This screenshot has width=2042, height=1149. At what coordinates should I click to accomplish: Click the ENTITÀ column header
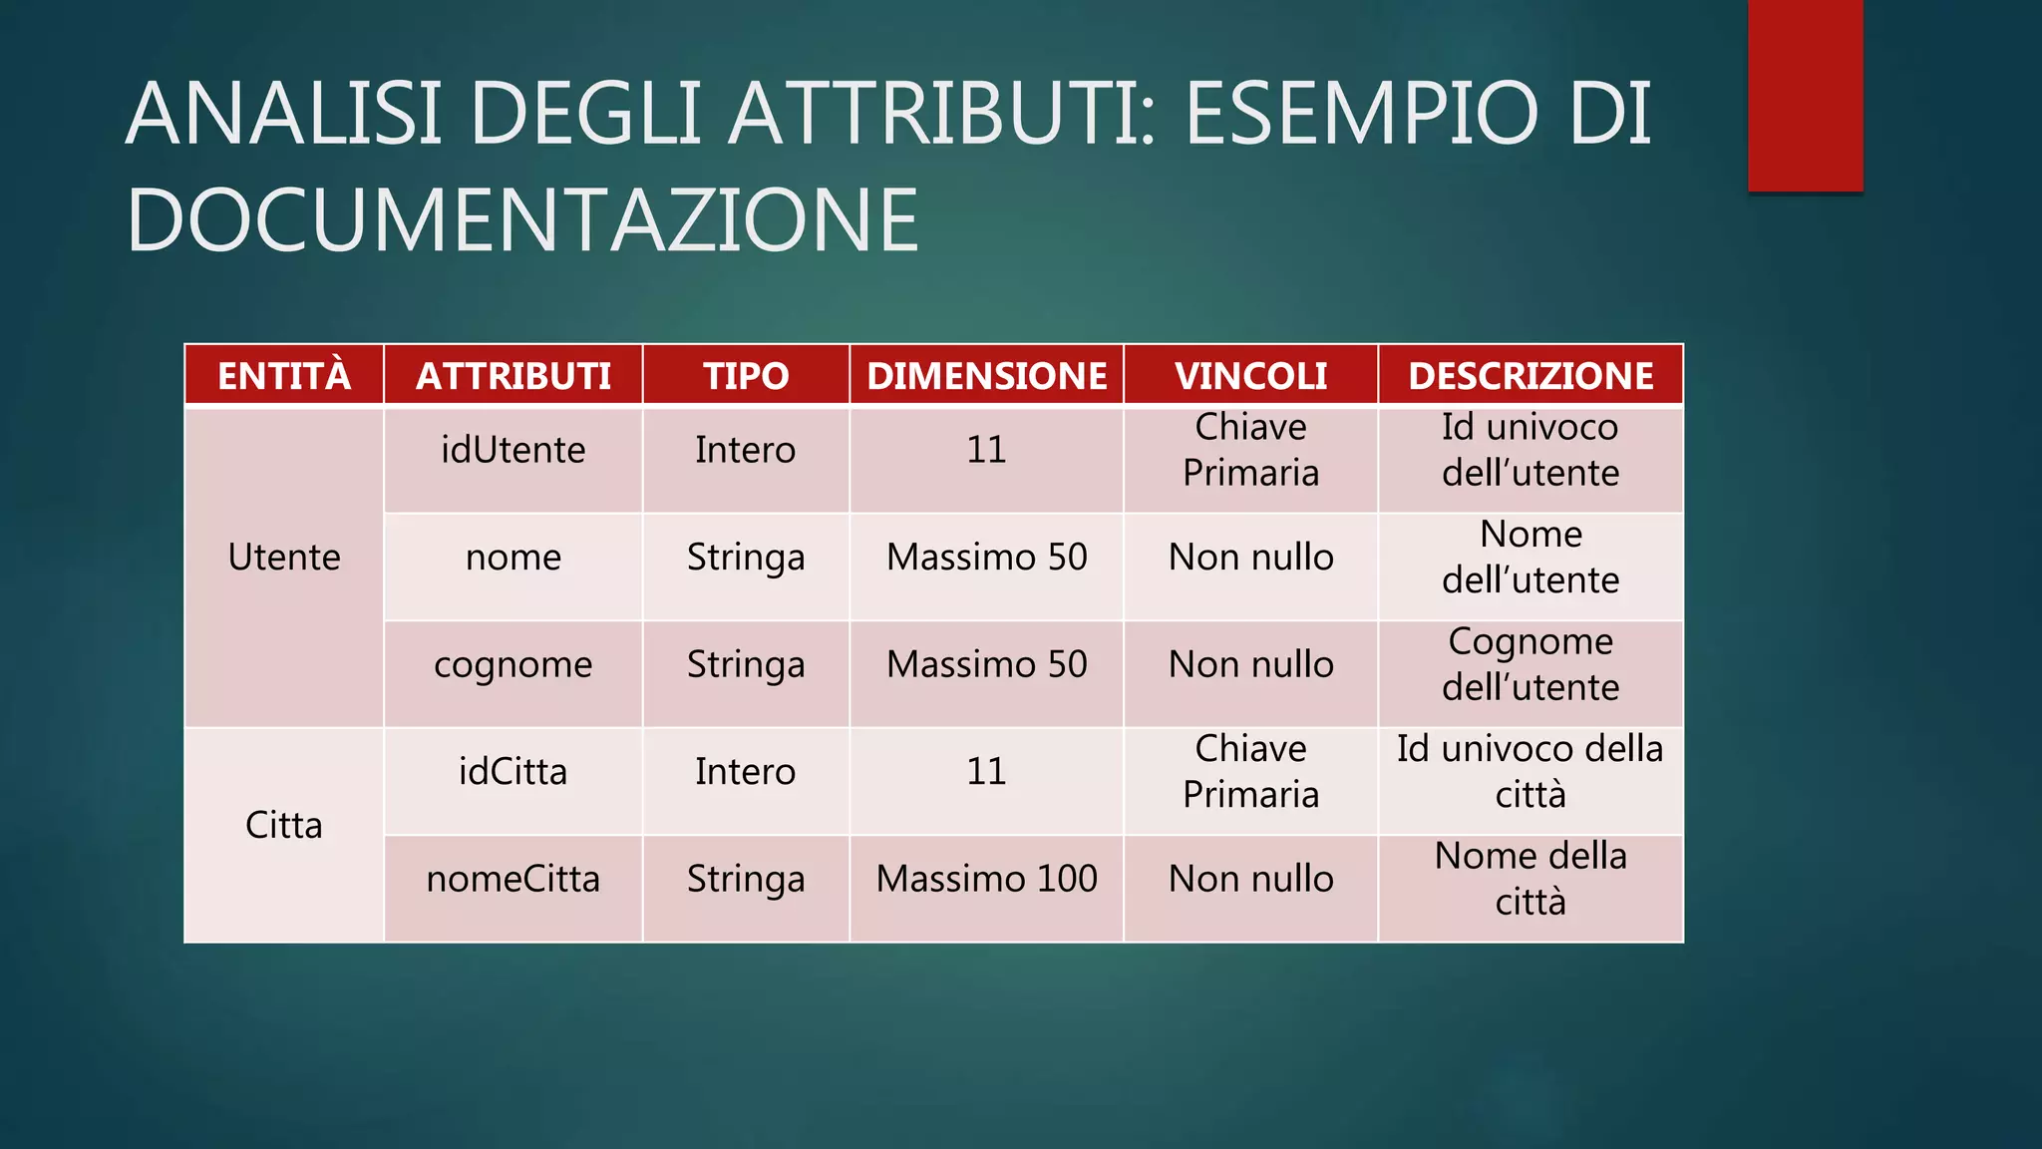click(284, 376)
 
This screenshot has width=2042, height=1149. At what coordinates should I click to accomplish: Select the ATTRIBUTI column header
click(513, 376)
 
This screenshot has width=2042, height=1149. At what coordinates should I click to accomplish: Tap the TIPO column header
click(746, 376)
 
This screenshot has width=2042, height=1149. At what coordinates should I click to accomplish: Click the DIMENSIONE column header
click(986, 376)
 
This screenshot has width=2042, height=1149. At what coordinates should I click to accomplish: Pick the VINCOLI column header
click(1250, 376)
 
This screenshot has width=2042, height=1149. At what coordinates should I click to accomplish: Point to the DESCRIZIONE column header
click(1531, 376)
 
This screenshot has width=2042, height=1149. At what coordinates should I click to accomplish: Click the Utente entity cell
click(284, 557)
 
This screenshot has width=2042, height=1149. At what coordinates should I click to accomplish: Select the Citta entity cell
click(284, 825)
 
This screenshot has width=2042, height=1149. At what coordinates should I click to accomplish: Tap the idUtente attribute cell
click(513, 450)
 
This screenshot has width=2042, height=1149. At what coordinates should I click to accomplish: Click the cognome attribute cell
click(513, 664)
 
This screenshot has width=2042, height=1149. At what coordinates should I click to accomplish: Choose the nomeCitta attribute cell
click(513, 879)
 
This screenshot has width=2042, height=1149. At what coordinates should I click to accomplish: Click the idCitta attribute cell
click(513, 771)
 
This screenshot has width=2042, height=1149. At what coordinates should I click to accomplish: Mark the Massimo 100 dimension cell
click(986, 879)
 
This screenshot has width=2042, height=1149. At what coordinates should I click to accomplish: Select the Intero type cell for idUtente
click(746, 450)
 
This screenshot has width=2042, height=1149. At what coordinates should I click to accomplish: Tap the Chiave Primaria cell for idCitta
click(1250, 771)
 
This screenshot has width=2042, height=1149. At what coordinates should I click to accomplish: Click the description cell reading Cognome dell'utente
click(1531, 664)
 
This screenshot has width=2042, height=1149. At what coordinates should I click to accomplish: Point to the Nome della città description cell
click(1531, 879)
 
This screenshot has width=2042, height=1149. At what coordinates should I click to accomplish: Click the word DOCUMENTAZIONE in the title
click(522, 220)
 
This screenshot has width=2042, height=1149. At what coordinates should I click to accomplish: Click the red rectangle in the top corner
click(1805, 95)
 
